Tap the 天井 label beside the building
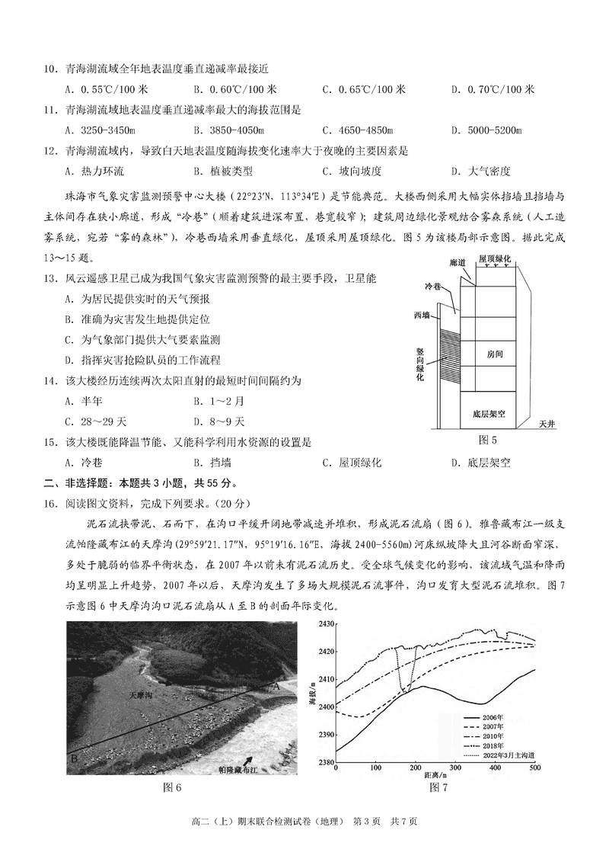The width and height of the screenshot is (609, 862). click(547, 423)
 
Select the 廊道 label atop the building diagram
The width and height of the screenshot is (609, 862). click(458, 262)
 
